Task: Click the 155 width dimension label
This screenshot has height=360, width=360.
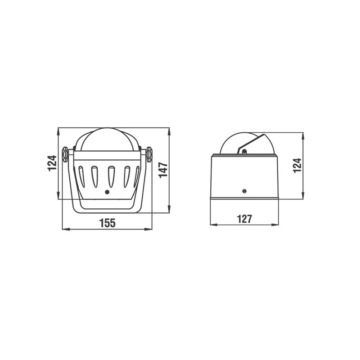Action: (x=107, y=223)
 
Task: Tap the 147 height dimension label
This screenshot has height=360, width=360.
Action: (x=163, y=170)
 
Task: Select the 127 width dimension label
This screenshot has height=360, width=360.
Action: (x=244, y=219)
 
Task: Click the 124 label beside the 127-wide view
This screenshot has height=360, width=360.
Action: (x=297, y=165)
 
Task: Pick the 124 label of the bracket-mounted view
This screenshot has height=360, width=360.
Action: (x=52, y=163)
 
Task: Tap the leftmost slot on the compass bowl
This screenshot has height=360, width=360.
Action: (x=81, y=176)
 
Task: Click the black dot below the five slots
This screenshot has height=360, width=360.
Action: (x=107, y=192)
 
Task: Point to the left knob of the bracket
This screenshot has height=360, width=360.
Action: (x=65, y=154)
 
